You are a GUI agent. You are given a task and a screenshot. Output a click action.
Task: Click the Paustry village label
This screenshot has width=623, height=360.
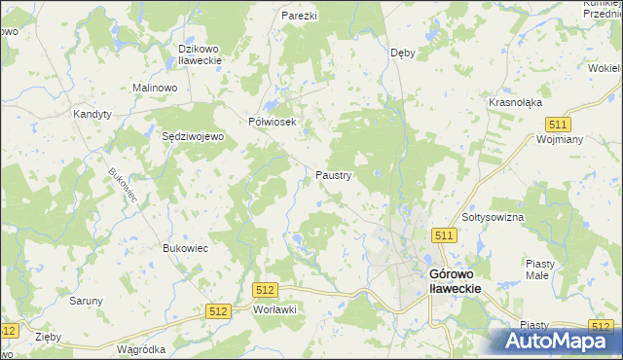[x=334, y=176]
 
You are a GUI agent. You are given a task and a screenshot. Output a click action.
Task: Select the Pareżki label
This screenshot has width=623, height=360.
[x=300, y=17]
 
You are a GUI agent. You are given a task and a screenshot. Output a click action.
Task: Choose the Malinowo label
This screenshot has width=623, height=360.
[x=154, y=88]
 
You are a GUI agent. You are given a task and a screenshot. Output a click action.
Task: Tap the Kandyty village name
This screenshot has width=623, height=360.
[x=93, y=114]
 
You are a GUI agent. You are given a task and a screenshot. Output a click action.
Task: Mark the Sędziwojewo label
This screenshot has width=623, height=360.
[x=193, y=137]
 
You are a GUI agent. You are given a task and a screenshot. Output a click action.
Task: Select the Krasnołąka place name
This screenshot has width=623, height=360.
[x=516, y=102]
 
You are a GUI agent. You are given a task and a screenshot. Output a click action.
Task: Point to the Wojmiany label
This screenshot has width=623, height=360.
[x=560, y=139]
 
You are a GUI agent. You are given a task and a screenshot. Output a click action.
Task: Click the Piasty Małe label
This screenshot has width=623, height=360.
[x=539, y=269]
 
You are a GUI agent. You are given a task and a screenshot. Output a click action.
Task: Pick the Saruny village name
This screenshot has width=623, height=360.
[x=86, y=301]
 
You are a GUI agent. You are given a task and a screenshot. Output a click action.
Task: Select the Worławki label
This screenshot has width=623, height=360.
[x=274, y=308]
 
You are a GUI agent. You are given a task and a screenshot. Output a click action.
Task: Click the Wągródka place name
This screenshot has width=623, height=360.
[x=140, y=348]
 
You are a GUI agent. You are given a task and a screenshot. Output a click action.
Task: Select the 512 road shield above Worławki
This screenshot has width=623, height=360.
[x=265, y=290]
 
